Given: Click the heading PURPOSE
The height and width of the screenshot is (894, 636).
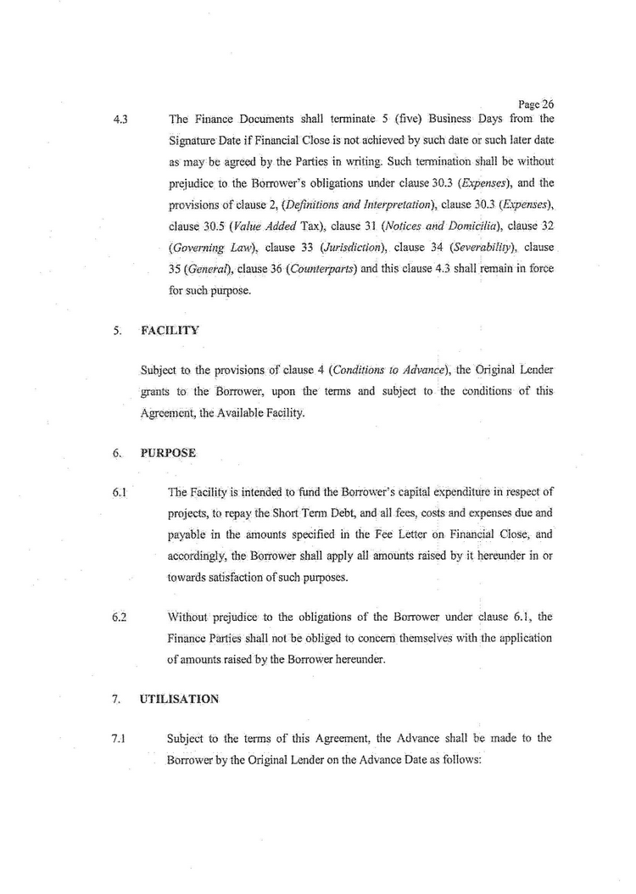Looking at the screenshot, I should pos(168,453).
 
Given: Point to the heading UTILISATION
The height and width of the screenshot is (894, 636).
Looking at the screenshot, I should pos(179,699).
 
